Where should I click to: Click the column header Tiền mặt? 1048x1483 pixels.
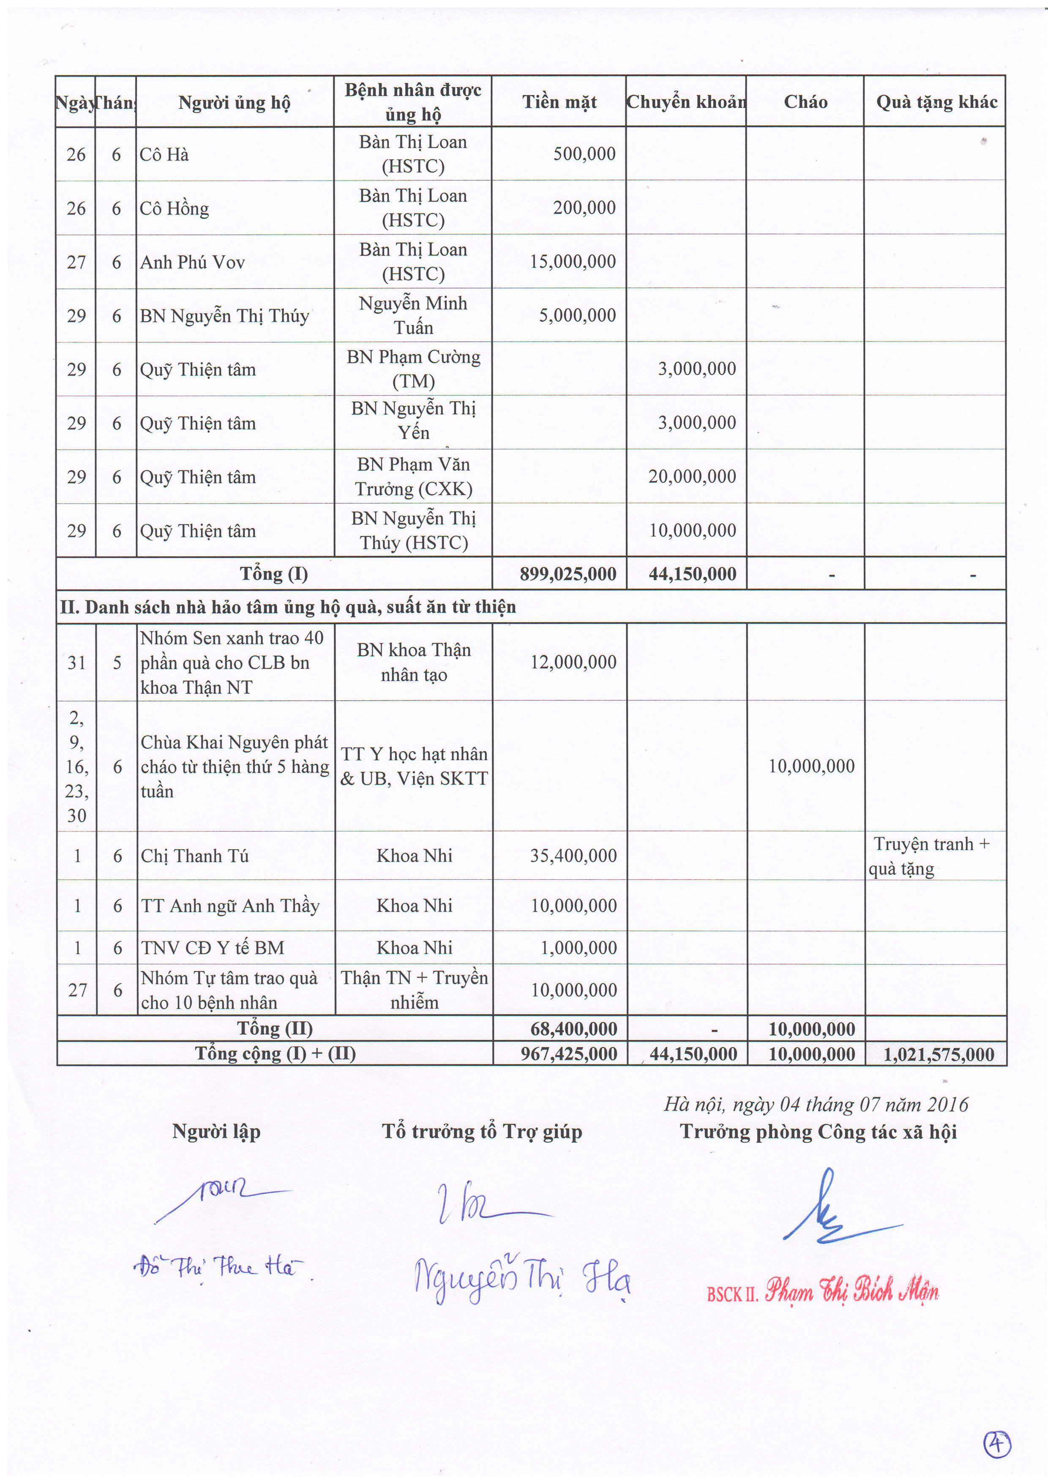(x=559, y=102)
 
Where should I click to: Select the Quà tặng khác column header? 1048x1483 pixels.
(x=936, y=102)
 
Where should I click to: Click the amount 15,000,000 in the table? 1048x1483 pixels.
(x=573, y=262)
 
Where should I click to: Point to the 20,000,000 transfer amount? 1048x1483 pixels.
(x=692, y=477)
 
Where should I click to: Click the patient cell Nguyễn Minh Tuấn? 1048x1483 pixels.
(x=413, y=315)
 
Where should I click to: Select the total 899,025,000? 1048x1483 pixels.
(x=568, y=574)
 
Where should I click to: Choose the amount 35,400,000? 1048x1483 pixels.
(x=573, y=856)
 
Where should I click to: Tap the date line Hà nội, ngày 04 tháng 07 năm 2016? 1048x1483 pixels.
(x=816, y=1105)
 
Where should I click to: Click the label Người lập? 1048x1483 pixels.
(x=216, y=1132)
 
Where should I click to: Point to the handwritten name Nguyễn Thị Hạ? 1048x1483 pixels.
(x=522, y=1280)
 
